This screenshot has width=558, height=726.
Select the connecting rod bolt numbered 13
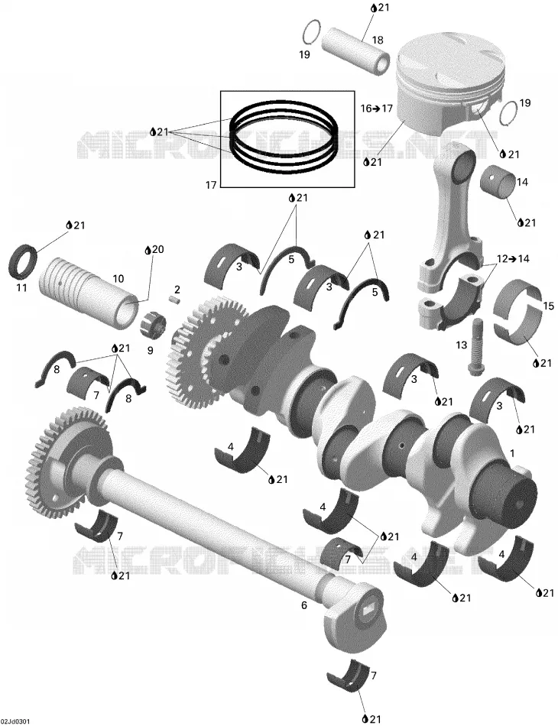(475, 346)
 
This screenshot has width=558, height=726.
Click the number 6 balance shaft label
(303, 604)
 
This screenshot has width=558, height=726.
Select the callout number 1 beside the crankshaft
(511, 452)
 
